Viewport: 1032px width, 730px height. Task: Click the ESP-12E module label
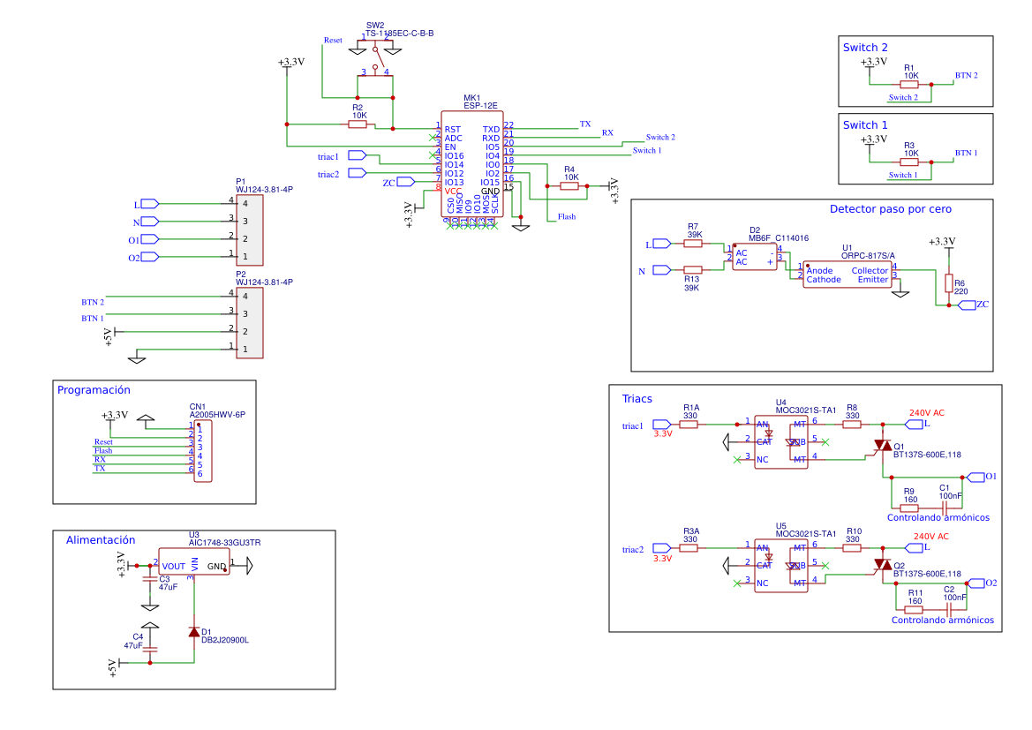(x=471, y=106)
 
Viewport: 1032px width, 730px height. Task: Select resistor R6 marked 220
(x=949, y=283)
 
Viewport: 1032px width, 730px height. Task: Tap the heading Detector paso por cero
(x=890, y=209)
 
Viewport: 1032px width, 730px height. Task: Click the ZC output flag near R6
(x=967, y=305)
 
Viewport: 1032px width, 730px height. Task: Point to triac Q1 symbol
(x=882, y=448)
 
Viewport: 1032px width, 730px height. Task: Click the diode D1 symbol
(x=194, y=632)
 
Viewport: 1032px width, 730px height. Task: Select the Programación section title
(x=94, y=389)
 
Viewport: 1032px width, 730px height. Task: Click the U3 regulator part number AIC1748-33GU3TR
(x=224, y=543)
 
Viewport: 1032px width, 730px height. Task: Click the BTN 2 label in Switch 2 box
(x=966, y=76)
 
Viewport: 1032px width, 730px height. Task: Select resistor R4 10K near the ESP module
(x=569, y=186)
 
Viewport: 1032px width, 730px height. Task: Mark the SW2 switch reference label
(x=375, y=25)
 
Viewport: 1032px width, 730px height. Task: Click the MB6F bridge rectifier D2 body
(x=755, y=257)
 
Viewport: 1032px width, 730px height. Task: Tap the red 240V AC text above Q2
(x=930, y=536)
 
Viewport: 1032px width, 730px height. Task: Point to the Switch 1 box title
(x=865, y=124)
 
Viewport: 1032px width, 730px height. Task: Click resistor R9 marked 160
(x=909, y=508)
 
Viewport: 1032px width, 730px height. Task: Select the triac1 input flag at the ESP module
(x=358, y=156)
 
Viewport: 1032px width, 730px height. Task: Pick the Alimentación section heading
(x=101, y=539)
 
